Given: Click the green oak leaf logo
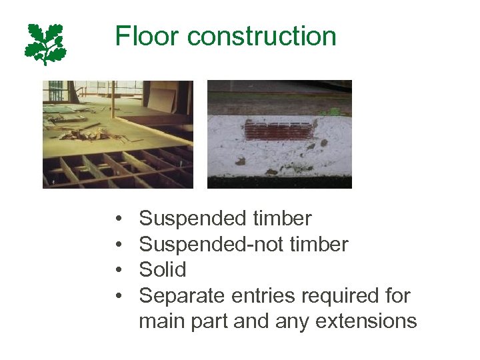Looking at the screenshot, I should (x=45, y=43).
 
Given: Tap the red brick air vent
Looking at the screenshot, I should (x=278, y=130).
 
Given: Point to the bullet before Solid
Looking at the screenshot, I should (x=117, y=271).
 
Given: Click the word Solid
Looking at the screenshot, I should (x=163, y=270).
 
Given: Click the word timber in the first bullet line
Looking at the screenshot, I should (x=283, y=219).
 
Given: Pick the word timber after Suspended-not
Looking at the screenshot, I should (x=319, y=245).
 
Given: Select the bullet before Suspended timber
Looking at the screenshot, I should (x=117, y=219).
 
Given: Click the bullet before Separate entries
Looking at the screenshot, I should (x=117, y=296).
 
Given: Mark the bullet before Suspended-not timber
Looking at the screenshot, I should (x=117, y=245).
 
